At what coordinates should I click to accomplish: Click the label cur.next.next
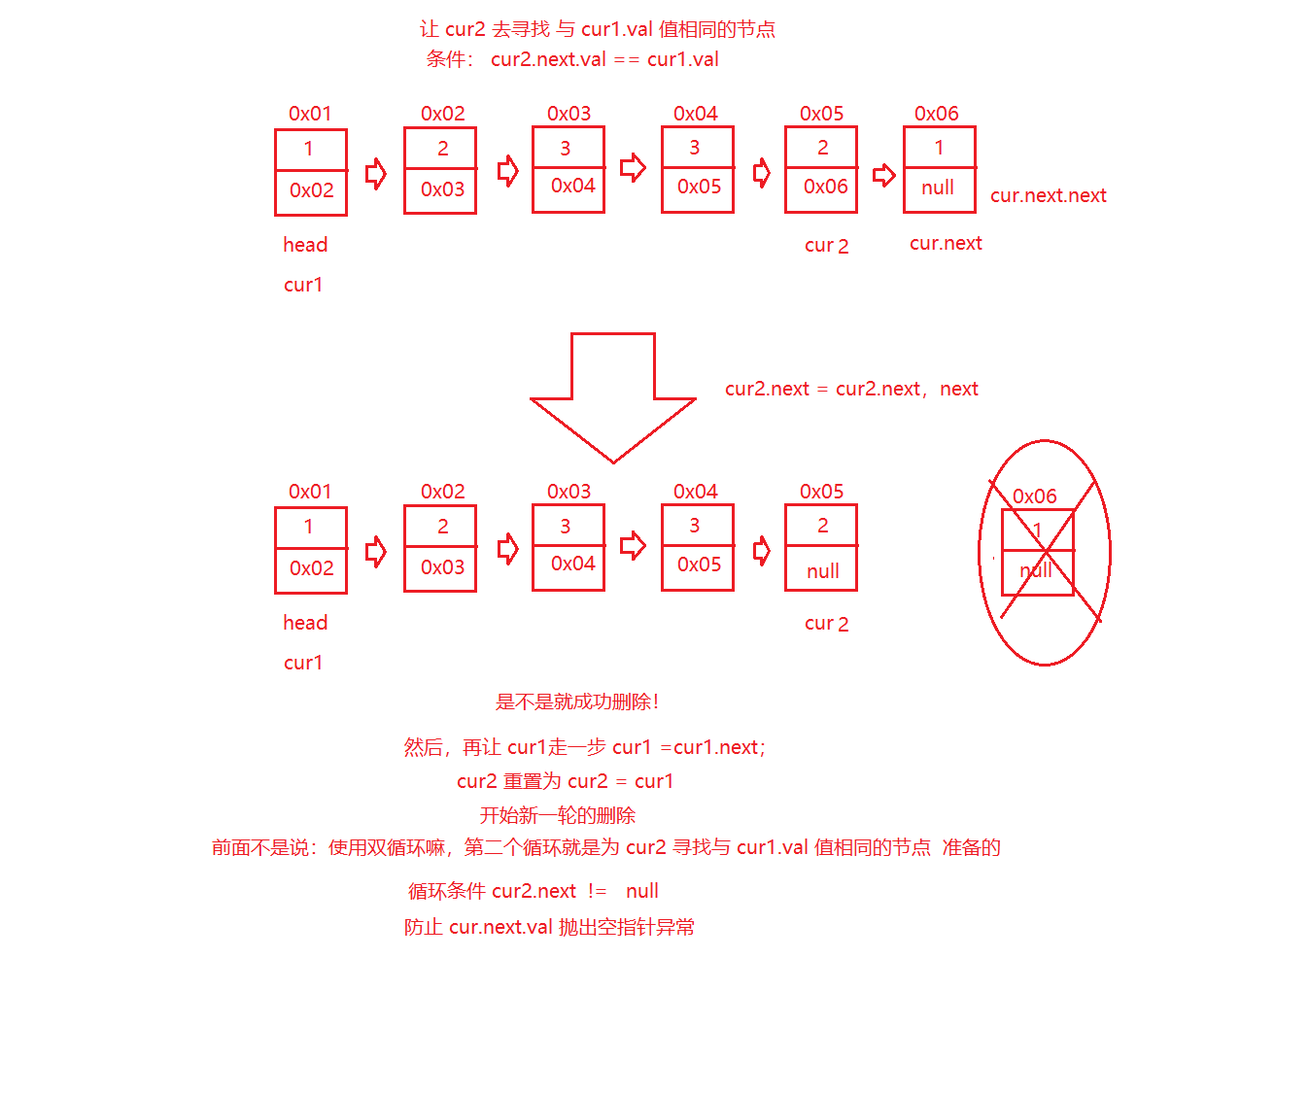coord(1048,195)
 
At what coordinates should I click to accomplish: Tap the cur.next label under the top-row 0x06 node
coord(946,243)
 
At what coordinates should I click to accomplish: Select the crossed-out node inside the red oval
coord(1038,552)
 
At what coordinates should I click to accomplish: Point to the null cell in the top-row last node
coord(939,188)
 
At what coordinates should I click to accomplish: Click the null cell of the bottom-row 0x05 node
coord(822,570)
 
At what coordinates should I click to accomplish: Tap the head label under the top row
coord(305,245)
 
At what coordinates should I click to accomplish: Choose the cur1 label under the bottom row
coord(303,663)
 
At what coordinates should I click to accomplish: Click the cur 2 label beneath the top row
coord(826,246)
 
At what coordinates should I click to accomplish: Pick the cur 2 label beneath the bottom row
coord(826,624)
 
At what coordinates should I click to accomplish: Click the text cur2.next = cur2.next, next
coord(851,389)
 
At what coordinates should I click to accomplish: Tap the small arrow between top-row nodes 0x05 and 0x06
coord(883,176)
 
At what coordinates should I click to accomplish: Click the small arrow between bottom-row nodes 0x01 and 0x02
coord(376,553)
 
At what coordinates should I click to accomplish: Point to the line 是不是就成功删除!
coord(577,701)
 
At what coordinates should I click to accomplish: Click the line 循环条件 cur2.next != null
coord(533,891)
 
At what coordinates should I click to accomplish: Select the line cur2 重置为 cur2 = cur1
coord(565,781)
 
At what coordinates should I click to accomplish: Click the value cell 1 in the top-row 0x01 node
coord(310,149)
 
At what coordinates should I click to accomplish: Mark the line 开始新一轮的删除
coord(558,815)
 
